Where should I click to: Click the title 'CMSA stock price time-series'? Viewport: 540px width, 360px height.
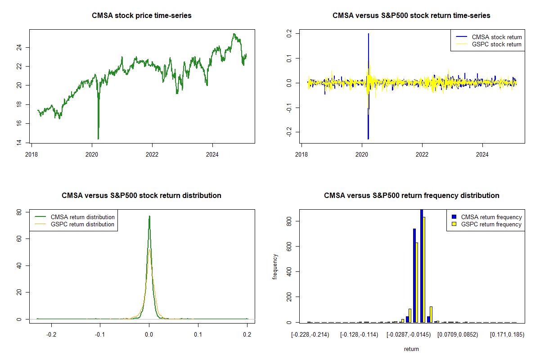(x=142, y=16)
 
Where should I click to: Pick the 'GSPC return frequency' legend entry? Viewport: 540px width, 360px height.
(x=491, y=224)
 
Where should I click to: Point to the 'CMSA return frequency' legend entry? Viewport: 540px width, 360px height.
(x=491, y=217)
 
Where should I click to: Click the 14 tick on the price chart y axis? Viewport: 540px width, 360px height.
(x=26, y=143)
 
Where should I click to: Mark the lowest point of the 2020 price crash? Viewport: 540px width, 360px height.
(x=98, y=139)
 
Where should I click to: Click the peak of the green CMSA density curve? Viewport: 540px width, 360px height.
(x=149, y=216)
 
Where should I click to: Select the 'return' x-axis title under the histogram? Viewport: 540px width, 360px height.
(x=411, y=349)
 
